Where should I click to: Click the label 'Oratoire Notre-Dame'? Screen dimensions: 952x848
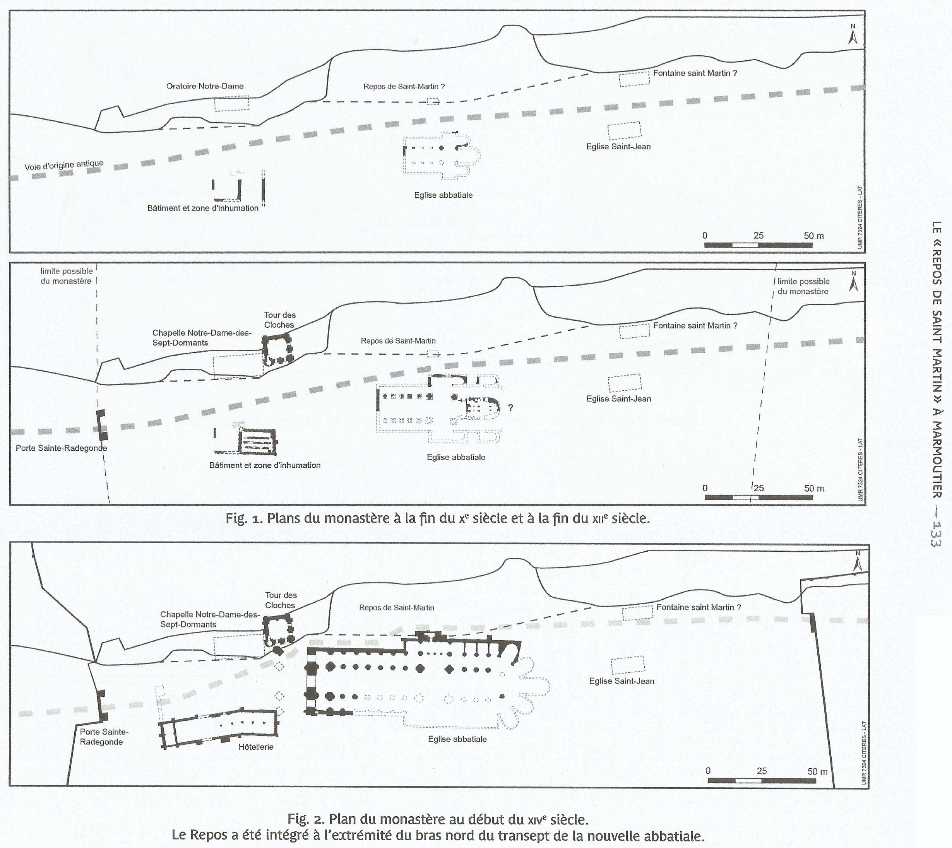[x=205, y=86]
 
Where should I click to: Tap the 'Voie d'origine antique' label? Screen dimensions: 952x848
[x=64, y=165]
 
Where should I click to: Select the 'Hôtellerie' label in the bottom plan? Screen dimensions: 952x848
[x=256, y=747]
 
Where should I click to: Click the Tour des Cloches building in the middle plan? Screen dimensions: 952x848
[x=277, y=349]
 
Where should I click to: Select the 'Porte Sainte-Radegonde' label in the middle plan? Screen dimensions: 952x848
[x=62, y=448]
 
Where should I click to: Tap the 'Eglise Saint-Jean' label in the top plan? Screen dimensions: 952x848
[x=618, y=147]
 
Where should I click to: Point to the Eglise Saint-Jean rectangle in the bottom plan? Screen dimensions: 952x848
[x=627, y=665]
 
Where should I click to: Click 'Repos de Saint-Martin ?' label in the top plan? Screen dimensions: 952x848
[x=404, y=86]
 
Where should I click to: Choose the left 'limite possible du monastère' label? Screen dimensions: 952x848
[x=66, y=276]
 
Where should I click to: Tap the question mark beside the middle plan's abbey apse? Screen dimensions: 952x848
[x=511, y=408]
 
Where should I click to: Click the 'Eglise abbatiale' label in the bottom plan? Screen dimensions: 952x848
[x=457, y=739]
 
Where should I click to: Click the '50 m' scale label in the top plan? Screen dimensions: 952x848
[x=813, y=236]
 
